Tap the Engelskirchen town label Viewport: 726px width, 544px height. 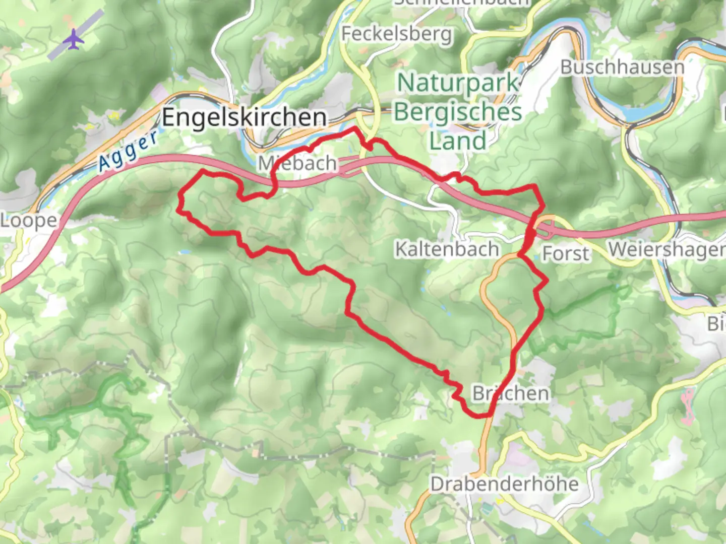244,117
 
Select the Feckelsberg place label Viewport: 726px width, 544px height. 397,34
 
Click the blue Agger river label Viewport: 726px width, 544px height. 128,150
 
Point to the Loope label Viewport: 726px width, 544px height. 29,221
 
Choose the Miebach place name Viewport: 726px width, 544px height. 297,163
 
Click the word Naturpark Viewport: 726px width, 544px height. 458,83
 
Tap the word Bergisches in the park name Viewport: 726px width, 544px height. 458,112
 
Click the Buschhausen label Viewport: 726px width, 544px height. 622,67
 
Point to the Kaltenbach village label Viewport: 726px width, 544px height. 447,249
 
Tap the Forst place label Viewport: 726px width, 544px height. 565,253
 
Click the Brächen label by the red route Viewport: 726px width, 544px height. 510,393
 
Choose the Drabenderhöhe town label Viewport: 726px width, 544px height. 504,484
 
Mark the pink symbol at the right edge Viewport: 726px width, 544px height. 688,405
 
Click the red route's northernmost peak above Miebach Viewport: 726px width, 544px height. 355,129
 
